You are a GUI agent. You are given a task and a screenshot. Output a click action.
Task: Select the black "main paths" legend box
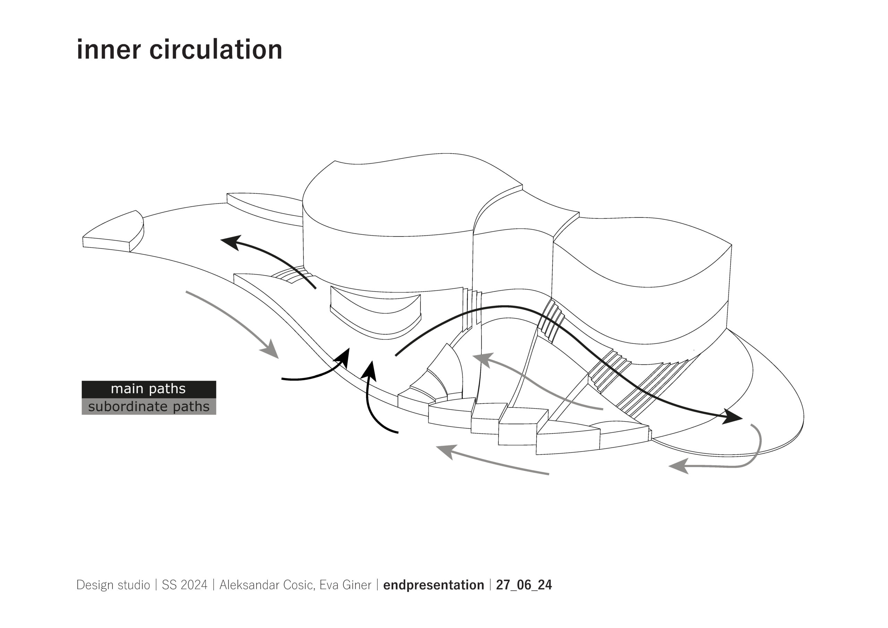[148, 389]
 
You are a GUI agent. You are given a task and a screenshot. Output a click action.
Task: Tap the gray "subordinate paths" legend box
[148, 406]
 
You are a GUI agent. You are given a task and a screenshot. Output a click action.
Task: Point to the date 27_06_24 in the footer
[524, 585]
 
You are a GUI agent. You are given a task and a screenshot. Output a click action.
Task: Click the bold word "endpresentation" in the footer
[433, 585]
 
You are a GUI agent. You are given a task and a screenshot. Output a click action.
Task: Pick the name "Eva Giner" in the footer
[345, 585]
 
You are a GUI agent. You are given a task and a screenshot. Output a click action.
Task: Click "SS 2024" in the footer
[185, 585]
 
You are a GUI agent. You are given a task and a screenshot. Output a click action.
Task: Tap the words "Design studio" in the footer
[113, 585]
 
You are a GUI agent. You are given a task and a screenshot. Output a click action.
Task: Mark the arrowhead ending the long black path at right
[731, 417]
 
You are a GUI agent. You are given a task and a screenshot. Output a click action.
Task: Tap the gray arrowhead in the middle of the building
[483, 360]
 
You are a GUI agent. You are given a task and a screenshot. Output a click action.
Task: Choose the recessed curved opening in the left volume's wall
[375, 313]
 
